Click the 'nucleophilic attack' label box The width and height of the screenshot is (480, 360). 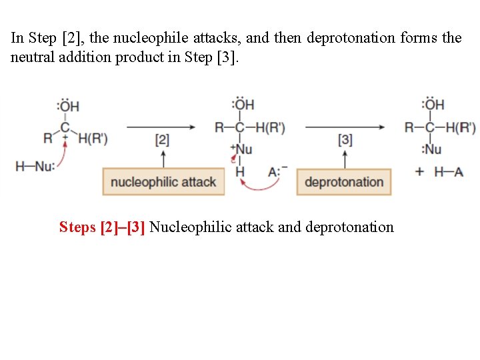163,182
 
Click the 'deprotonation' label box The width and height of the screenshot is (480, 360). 344,182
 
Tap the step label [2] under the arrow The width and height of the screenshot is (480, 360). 162,140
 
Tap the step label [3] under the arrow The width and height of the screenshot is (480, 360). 345,140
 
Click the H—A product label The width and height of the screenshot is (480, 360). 449,171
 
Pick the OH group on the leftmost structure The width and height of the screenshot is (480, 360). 67,105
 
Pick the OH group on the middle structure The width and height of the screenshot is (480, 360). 243,105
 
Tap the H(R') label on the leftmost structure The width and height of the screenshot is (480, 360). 93,139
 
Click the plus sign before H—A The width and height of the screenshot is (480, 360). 419,171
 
